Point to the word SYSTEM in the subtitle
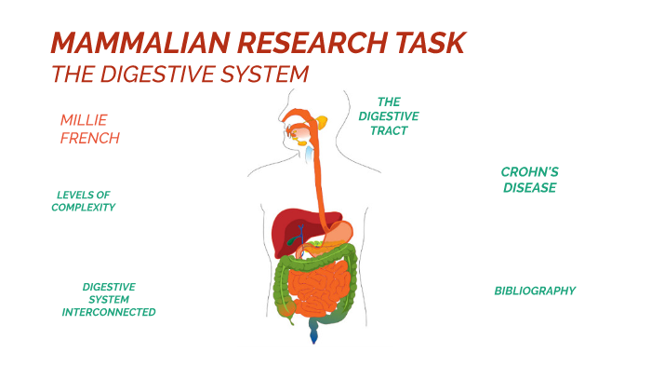point(264,73)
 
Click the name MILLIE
point(85,120)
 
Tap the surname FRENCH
point(90,138)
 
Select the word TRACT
point(388,130)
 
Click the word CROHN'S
point(529,172)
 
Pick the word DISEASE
point(529,187)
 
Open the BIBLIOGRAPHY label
point(535,291)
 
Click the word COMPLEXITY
point(84,207)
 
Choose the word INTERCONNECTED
point(109,312)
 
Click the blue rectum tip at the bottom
point(314,333)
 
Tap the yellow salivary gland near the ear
point(322,121)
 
